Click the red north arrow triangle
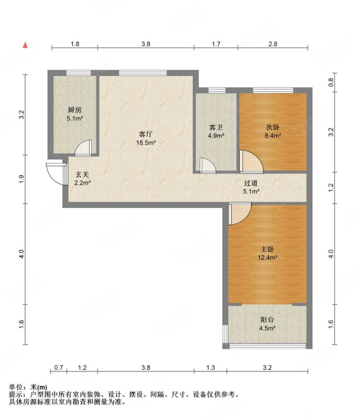tap(25, 45)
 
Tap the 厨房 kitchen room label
tap(74, 109)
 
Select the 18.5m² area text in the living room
tap(146, 142)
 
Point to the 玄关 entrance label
tap(82, 174)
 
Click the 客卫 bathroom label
tap(216, 127)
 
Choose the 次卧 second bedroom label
tap(272, 127)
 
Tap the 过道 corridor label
tap(250, 183)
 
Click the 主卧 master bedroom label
tap(267, 249)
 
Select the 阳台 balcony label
tap(267, 319)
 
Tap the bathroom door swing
tap(208, 166)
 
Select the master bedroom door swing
tap(240, 213)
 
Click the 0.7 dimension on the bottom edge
tap(59, 368)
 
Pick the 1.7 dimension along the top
tap(216, 43)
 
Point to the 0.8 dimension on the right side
tap(331, 82)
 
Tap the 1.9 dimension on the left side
tap(21, 179)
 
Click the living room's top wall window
tap(143, 72)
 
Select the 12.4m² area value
tap(267, 258)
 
